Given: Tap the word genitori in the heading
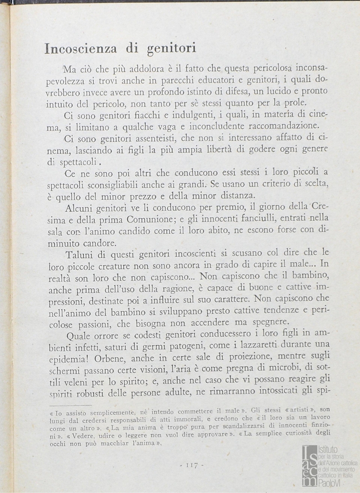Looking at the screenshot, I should click(171, 48).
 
